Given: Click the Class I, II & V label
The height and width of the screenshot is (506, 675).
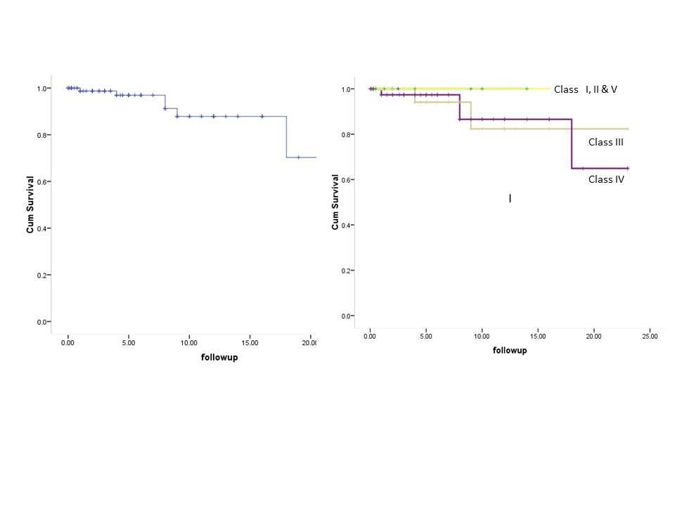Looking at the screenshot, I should [x=585, y=89].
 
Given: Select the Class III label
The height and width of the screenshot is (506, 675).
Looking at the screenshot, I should [x=606, y=142].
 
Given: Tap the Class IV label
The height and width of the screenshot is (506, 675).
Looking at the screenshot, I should [x=606, y=179].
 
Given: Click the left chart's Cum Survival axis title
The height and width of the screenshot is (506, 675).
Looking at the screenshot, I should [x=30, y=205].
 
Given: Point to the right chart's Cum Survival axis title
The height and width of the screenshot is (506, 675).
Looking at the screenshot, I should [x=335, y=202].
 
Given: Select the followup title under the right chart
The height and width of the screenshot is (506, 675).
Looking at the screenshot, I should [x=510, y=350].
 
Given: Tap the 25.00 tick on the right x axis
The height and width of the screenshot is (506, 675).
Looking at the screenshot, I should [x=650, y=337].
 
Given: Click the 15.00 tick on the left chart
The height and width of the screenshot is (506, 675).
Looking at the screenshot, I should [x=250, y=344].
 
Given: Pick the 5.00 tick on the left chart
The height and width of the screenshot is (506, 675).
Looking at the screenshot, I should [x=128, y=344].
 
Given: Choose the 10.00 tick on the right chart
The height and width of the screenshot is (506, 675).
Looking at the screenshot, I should [x=482, y=337].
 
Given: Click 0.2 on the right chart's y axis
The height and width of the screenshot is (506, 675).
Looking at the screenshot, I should [x=345, y=271].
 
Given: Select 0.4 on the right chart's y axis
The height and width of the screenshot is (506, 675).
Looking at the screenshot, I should [x=345, y=225].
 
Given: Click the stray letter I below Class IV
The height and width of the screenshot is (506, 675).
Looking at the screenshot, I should [x=510, y=200].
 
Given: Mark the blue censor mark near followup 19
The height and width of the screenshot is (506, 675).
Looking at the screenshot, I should [x=298, y=157].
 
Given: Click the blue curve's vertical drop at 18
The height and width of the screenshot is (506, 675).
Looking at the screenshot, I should [x=286, y=137].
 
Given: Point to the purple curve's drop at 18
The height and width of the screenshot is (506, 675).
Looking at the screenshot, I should [x=572, y=144].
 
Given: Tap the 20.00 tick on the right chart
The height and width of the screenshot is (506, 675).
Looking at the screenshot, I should [x=593, y=337].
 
